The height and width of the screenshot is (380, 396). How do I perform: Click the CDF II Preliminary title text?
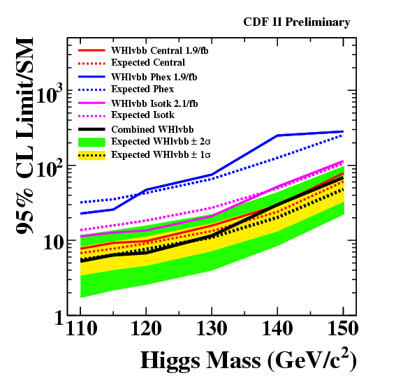[x=297, y=22]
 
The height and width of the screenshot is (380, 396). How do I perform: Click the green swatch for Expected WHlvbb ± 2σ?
[x=91, y=142]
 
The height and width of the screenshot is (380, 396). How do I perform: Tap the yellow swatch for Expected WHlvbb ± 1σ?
[x=91, y=155]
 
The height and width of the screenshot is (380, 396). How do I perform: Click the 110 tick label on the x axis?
[x=81, y=328]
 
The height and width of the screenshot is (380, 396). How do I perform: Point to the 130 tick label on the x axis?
[x=212, y=328]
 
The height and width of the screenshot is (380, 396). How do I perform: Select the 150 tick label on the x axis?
[x=343, y=328]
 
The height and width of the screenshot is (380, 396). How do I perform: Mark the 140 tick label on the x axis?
[x=277, y=328]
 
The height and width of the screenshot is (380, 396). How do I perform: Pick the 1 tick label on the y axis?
[x=59, y=318]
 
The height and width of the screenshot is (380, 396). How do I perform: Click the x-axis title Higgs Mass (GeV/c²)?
[x=248, y=360]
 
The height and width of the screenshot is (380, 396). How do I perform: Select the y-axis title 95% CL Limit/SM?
[x=24, y=136]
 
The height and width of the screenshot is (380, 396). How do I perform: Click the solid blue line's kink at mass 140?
[x=277, y=136]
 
